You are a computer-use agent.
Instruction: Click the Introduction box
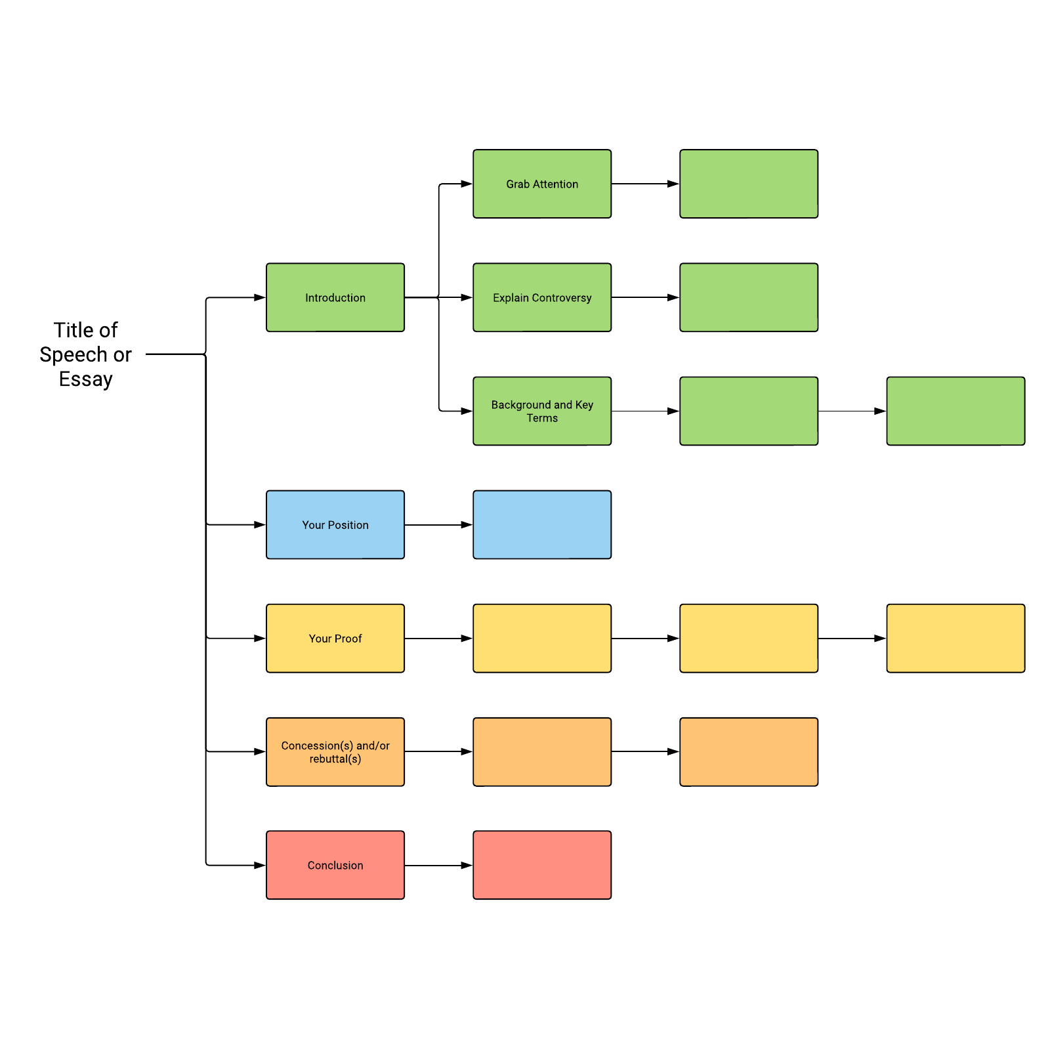(x=335, y=297)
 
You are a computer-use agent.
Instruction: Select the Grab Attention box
(x=542, y=184)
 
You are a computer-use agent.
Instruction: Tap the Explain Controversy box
(x=542, y=297)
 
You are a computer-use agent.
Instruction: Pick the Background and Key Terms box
(x=542, y=411)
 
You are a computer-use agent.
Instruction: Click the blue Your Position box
(x=335, y=524)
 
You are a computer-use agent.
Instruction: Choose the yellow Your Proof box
(x=335, y=638)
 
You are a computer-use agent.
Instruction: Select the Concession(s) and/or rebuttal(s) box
(x=335, y=751)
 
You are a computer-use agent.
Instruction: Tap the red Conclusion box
(x=335, y=865)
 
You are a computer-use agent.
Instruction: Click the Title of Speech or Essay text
(x=85, y=354)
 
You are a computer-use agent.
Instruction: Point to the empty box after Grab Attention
(x=749, y=184)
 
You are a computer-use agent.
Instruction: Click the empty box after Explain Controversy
(x=749, y=297)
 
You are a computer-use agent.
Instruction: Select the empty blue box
(x=542, y=524)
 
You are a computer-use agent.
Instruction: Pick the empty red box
(x=542, y=865)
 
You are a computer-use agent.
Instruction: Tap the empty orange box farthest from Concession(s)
(x=749, y=751)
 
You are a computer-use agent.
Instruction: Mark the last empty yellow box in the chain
(x=955, y=638)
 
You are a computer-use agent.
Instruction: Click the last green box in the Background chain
(x=955, y=411)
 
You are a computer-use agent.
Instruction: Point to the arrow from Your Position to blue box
(x=438, y=525)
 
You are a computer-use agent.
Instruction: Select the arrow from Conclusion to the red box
(x=438, y=866)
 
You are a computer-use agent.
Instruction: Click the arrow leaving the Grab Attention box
(x=645, y=184)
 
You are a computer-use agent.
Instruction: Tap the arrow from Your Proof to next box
(x=438, y=639)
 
